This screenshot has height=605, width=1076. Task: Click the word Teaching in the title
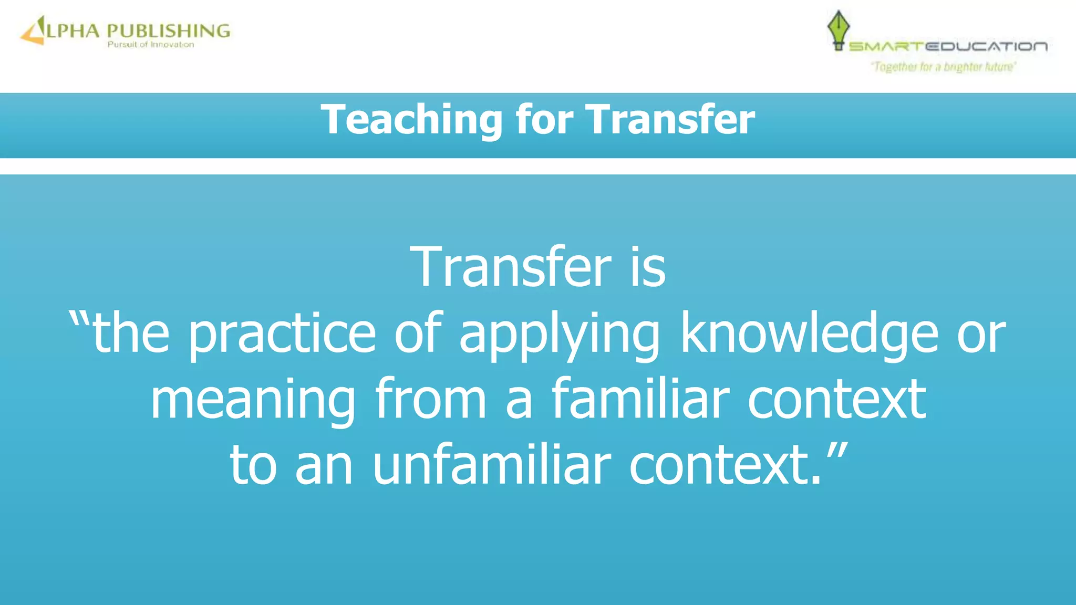(411, 120)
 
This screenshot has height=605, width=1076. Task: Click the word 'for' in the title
(544, 119)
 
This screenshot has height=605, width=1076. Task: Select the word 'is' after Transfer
(648, 268)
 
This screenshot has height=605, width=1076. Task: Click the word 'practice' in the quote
(282, 334)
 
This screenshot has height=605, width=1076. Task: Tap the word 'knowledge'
(809, 334)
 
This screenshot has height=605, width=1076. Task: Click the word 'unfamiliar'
(492, 465)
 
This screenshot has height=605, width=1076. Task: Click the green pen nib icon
(838, 29)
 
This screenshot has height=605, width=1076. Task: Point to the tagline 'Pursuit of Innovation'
(151, 45)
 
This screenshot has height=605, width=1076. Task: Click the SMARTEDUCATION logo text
(948, 47)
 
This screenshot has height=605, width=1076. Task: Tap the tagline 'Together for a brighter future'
(944, 67)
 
